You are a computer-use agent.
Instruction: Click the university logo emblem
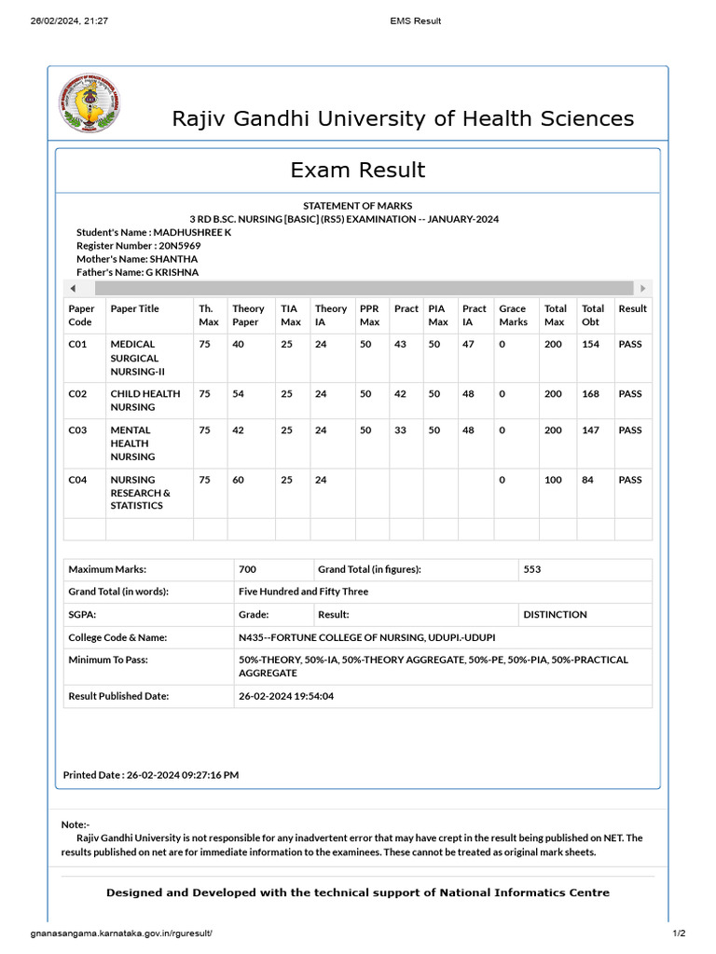89,103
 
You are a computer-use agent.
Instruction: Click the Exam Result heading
357,170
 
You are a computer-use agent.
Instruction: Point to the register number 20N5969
179,246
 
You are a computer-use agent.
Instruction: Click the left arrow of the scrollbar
74,289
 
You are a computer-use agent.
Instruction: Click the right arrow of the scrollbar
642,289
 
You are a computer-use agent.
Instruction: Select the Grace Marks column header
513,315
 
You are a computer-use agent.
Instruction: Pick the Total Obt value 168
590,393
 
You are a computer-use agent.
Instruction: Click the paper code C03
77,430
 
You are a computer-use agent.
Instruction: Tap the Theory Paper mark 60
239,480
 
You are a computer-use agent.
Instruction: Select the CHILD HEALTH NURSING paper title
145,400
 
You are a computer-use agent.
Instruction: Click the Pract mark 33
400,430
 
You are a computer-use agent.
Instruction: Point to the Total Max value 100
553,480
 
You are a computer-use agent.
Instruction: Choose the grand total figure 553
532,569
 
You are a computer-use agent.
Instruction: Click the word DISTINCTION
555,615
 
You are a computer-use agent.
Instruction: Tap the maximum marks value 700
247,569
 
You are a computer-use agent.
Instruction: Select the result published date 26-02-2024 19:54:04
286,696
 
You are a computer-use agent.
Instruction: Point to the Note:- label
76,825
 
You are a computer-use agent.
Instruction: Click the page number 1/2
679,934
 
